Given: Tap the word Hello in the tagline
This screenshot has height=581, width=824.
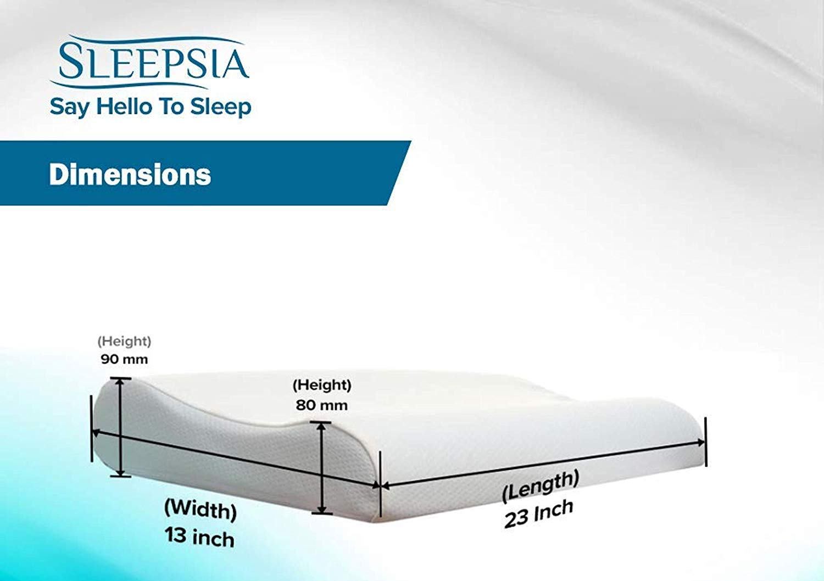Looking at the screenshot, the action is click(x=124, y=107).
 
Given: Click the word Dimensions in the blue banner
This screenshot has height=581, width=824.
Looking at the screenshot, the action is click(x=130, y=174).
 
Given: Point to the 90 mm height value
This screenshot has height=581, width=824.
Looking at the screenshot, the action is click(x=124, y=359).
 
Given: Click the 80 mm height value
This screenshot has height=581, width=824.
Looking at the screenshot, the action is click(x=321, y=405).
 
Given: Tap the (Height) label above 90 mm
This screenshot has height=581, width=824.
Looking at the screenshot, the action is click(x=124, y=342).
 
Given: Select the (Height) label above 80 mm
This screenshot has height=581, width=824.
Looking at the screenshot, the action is click(x=322, y=386).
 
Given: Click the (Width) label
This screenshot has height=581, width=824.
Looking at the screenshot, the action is click(x=201, y=510).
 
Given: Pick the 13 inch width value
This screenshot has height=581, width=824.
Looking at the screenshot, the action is click(x=199, y=537).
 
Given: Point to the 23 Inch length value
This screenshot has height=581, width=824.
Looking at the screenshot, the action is click(x=539, y=514).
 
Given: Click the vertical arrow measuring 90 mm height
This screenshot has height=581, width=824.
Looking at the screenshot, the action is click(x=120, y=427).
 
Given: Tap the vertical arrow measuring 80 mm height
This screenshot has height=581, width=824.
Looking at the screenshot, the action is click(x=321, y=468).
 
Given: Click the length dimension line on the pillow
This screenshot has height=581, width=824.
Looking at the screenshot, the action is click(x=543, y=464).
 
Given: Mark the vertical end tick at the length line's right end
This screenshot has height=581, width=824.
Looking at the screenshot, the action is click(x=705, y=442).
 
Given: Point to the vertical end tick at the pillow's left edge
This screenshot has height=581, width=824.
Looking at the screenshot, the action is click(x=91, y=429).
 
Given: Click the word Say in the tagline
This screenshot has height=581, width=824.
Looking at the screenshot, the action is click(x=70, y=108).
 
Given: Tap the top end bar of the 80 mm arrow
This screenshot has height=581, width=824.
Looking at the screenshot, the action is click(x=321, y=422).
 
